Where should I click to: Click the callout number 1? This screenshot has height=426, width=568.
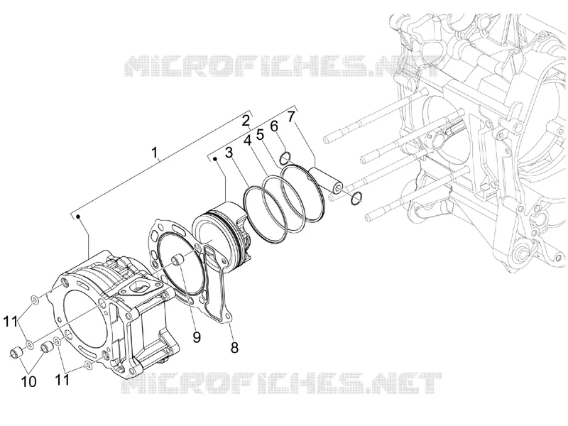pyautogui.click(x=155, y=153)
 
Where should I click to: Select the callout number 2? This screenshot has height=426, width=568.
pyautogui.click(x=246, y=121)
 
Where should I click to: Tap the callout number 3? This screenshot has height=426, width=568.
pyautogui.click(x=229, y=153)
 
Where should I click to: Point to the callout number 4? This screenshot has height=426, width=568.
pyautogui.click(x=247, y=141)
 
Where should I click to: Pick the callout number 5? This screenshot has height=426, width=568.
pyautogui.click(x=260, y=135)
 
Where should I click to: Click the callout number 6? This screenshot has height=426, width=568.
pyautogui.click(x=274, y=126)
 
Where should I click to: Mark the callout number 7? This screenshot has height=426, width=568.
pyautogui.click(x=291, y=116)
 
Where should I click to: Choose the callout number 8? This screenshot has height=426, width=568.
pyautogui.click(x=235, y=348)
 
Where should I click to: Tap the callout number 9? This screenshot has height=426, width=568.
pyautogui.click(x=197, y=337)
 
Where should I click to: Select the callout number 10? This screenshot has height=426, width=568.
pyautogui.click(x=29, y=381)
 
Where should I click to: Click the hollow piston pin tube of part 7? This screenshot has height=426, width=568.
pyautogui.click(x=325, y=180)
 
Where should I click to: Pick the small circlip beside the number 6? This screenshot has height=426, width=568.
pyautogui.click(x=285, y=158)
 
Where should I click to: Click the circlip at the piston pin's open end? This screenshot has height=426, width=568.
pyautogui.click(x=356, y=198)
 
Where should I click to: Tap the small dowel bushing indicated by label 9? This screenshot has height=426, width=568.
pyautogui.click(x=177, y=260)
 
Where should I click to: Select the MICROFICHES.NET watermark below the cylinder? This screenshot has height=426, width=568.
pyautogui.click(x=281, y=383)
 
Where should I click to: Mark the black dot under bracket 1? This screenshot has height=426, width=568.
pyautogui.click(x=78, y=217)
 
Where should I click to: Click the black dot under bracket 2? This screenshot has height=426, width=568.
pyautogui.click(x=215, y=158)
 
